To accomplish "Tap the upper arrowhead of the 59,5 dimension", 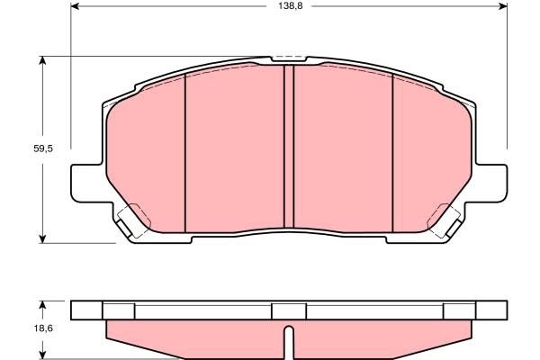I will coord(42,60).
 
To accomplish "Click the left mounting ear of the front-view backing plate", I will coord(85,183).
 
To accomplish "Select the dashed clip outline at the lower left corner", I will coord(132,220).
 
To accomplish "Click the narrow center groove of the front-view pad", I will coord(289,148).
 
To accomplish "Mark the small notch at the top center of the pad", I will coord(288,60).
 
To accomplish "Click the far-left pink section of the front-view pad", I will coord(144,153).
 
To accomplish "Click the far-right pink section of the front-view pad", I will coord(432,153).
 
